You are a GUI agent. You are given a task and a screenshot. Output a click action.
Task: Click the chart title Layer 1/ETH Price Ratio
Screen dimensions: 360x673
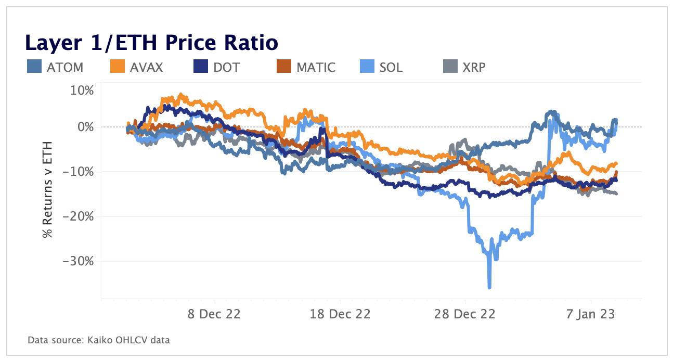(151, 43)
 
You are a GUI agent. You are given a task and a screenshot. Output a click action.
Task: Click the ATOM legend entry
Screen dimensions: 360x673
(55, 67)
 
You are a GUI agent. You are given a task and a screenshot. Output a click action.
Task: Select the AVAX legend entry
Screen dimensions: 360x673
(137, 67)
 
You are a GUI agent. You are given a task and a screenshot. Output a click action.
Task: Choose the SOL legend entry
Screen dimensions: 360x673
(381, 67)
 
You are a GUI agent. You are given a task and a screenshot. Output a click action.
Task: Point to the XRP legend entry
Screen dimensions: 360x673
(464, 67)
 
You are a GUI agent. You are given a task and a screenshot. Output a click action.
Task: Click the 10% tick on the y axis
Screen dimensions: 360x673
(82, 91)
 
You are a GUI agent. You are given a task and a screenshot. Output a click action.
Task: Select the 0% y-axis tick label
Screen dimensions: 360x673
(85, 127)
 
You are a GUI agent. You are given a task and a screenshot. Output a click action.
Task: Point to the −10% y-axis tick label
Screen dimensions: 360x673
(79, 172)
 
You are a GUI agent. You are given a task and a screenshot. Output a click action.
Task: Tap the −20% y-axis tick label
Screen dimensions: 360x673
(79, 216)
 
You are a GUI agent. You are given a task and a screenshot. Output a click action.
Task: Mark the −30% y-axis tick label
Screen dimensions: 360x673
(79, 261)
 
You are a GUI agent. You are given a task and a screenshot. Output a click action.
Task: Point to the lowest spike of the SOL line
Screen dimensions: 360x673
(489, 287)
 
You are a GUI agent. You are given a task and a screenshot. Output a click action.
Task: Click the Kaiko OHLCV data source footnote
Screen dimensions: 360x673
(99, 340)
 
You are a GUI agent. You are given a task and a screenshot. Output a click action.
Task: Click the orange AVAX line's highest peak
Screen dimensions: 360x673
(180, 95)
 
